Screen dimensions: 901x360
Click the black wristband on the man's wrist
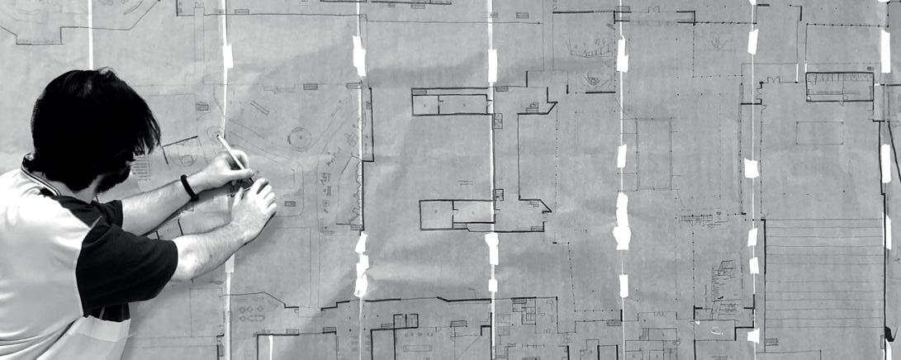(x=189, y=187)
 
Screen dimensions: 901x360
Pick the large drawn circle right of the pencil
(x=300, y=138)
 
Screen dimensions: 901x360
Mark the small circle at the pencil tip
(x=216, y=132)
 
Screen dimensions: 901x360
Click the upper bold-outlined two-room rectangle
(x=450, y=103)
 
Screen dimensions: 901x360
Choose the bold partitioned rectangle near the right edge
(x=839, y=87)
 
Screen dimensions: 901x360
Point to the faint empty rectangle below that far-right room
(x=819, y=133)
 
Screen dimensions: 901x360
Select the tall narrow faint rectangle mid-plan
(x=653, y=154)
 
